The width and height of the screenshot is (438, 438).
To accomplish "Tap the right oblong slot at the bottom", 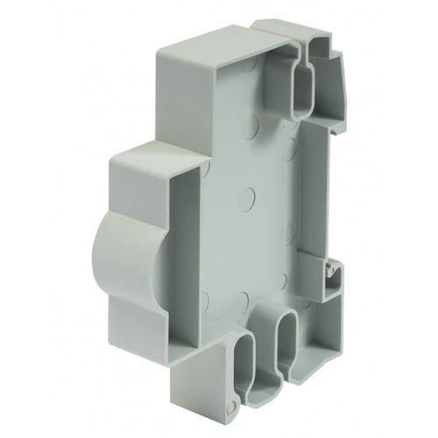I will [x=287, y=337].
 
